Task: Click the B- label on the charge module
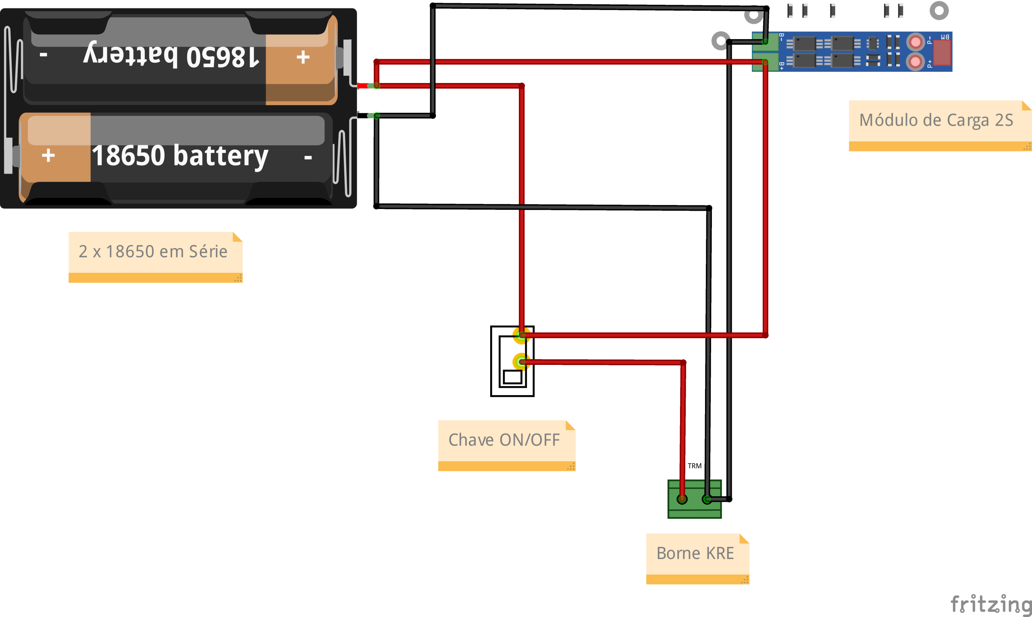click(x=782, y=37)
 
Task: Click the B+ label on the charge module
click(x=782, y=66)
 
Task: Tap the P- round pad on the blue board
click(x=915, y=42)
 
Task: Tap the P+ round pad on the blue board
click(x=915, y=62)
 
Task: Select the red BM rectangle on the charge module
click(x=942, y=52)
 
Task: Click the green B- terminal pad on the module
click(x=765, y=41)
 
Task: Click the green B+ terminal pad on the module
click(x=765, y=62)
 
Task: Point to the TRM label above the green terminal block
click(x=695, y=466)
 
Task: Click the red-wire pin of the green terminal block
click(x=682, y=499)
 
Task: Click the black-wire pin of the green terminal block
click(x=707, y=499)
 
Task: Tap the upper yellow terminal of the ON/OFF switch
click(x=521, y=335)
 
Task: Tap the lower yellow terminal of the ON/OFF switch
click(x=521, y=362)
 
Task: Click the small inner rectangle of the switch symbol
click(x=512, y=377)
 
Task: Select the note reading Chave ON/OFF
click(x=507, y=446)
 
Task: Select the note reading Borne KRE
click(x=698, y=559)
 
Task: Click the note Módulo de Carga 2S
click(x=940, y=126)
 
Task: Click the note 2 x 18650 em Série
click(x=156, y=257)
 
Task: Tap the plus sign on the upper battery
click(x=303, y=57)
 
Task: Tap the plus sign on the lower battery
click(x=48, y=155)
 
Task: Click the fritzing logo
click(x=991, y=604)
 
